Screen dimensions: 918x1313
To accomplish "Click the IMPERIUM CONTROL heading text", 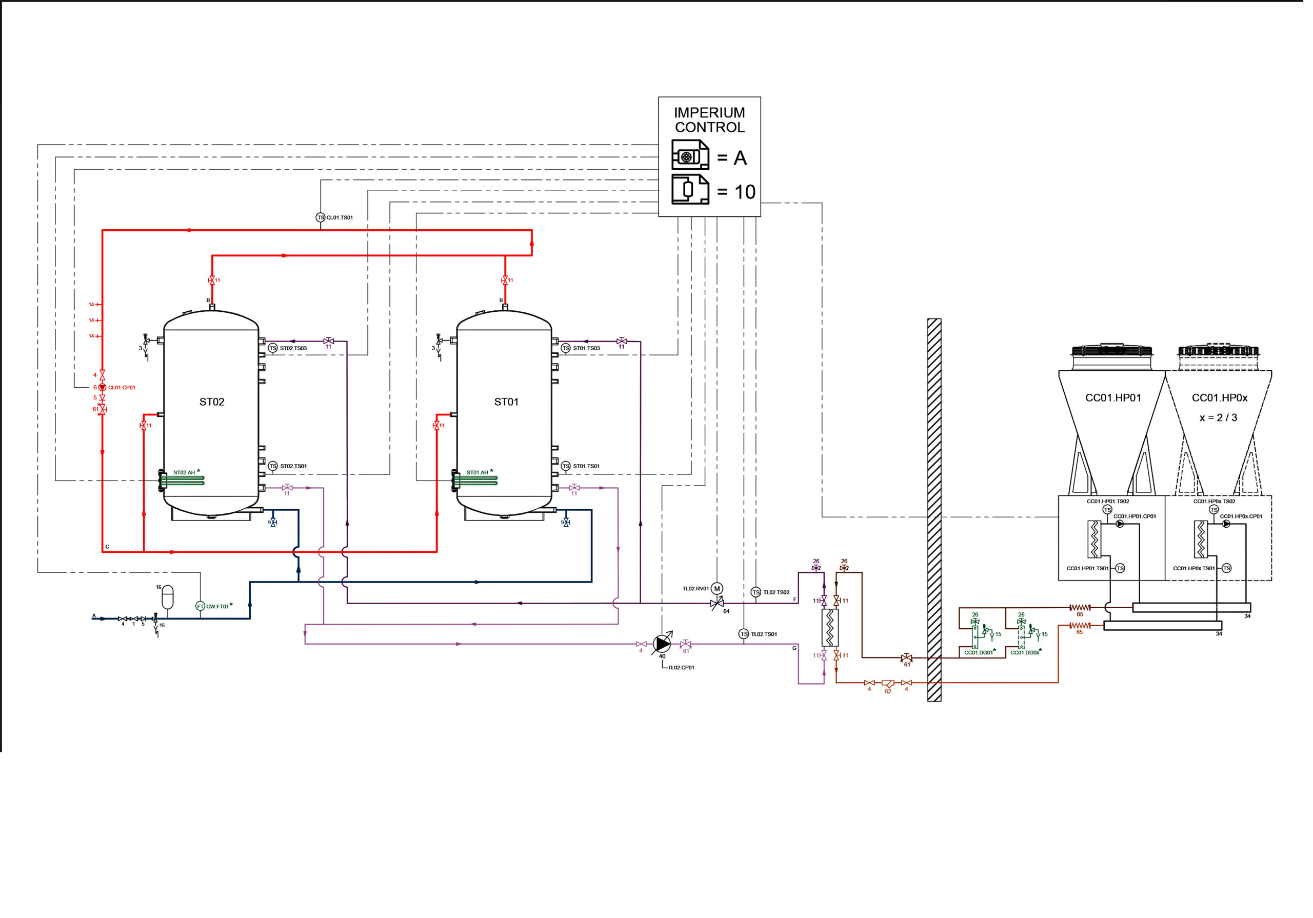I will [709, 119].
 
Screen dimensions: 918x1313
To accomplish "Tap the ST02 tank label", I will [212, 402].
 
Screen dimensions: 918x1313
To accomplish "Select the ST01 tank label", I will [506, 402].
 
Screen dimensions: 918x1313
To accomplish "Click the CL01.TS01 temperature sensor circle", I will [320, 217].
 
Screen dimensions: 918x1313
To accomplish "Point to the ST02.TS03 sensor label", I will [293, 348].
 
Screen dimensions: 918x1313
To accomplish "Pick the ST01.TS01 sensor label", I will [586, 466].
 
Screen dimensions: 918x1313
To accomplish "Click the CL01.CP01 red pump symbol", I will [103, 387].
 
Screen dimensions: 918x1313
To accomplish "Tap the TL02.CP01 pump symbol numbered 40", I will [662, 644].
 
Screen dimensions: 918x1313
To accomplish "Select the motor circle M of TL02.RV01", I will [717, 589].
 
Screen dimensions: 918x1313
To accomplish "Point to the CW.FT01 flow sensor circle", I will [200, 606].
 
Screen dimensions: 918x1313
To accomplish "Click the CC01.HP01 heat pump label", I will [1113, 397].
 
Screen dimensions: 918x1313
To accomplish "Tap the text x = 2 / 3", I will [1218, 417].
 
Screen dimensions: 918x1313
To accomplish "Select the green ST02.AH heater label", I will [184, 472].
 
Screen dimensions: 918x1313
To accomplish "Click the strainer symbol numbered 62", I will [887, 683].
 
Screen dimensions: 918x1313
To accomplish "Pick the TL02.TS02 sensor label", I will [776, 592].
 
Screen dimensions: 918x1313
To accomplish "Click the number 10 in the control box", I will [745, 192].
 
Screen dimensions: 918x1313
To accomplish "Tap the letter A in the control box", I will [740, 158].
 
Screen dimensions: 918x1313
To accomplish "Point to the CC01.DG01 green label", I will [978, 653].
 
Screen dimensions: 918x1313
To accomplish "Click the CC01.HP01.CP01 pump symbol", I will [1120, 523].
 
